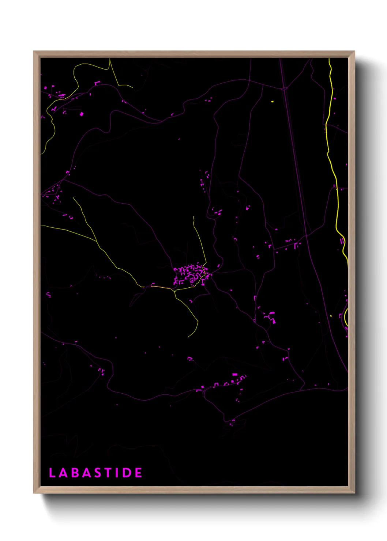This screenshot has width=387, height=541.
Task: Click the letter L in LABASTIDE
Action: coord(52,473)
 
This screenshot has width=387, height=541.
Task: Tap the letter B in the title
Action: coord(76,473)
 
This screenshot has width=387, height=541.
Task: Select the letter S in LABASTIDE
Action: coord(99,473)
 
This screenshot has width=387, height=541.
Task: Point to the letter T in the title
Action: coord(109,473)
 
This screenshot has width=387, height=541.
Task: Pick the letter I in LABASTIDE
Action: coord(118,473)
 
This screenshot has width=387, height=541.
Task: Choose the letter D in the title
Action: coord(127,473)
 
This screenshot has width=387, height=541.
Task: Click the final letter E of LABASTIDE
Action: coord(138,473)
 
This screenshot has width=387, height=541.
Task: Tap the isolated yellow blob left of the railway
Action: coord(272,101)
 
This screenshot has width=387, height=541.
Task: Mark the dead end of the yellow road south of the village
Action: coord(189,337)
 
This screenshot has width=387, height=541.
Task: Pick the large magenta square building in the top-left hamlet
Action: coord(82,114)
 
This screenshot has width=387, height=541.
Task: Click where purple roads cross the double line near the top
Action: coord(284,88)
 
